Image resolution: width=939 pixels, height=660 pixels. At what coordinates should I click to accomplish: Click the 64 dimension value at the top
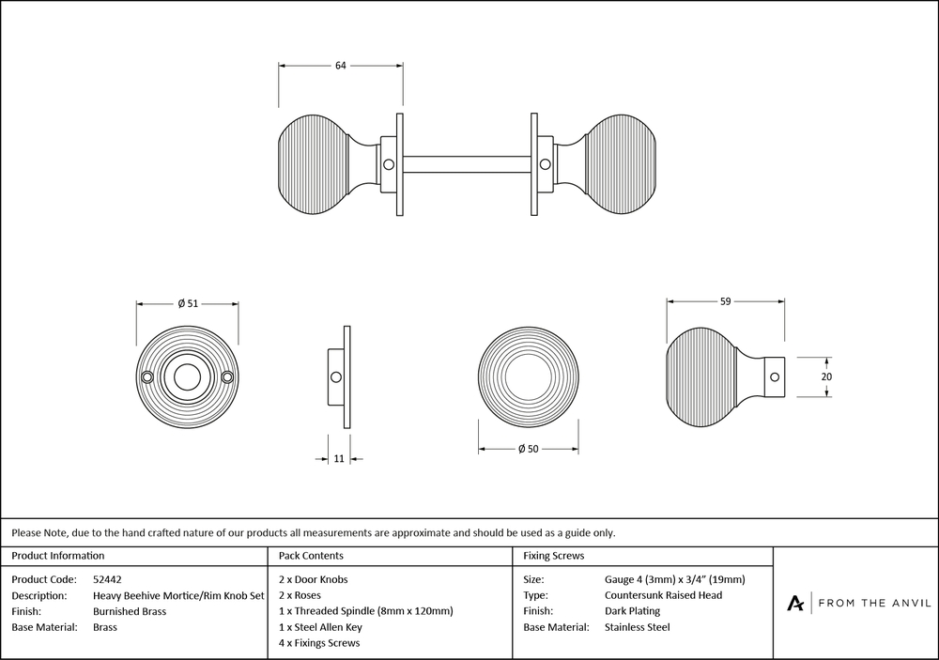point(341,65)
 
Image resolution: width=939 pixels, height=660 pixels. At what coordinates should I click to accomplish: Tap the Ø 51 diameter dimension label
point(187,302)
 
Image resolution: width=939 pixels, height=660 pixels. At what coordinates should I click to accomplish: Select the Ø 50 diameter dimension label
point(528,450)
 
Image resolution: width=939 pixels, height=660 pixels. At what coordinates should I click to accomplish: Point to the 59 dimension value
point(725,301)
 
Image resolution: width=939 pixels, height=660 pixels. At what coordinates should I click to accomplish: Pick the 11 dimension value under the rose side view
point(339,458)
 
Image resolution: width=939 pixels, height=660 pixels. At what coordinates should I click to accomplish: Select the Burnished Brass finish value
point(130,611)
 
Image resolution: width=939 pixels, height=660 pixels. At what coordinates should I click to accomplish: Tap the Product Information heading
point(58,556)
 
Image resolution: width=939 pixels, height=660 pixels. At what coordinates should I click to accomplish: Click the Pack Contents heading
point(311,556)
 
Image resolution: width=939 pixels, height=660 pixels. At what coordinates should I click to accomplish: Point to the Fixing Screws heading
point(554,556)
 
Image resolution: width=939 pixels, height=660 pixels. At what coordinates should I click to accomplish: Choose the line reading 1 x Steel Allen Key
point(320,627)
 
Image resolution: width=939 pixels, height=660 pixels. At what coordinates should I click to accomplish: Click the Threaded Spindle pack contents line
point(366,611)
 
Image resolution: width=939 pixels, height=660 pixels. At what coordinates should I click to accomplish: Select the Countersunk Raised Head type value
point(664,595)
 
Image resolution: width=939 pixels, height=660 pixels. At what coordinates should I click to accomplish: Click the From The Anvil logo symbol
point(795,603)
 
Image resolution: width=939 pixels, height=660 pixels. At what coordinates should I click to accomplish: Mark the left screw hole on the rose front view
point(146,377)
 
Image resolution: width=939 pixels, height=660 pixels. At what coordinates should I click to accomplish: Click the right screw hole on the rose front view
point(227,377)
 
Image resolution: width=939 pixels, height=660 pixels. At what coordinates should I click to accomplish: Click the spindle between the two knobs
point(468,164)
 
